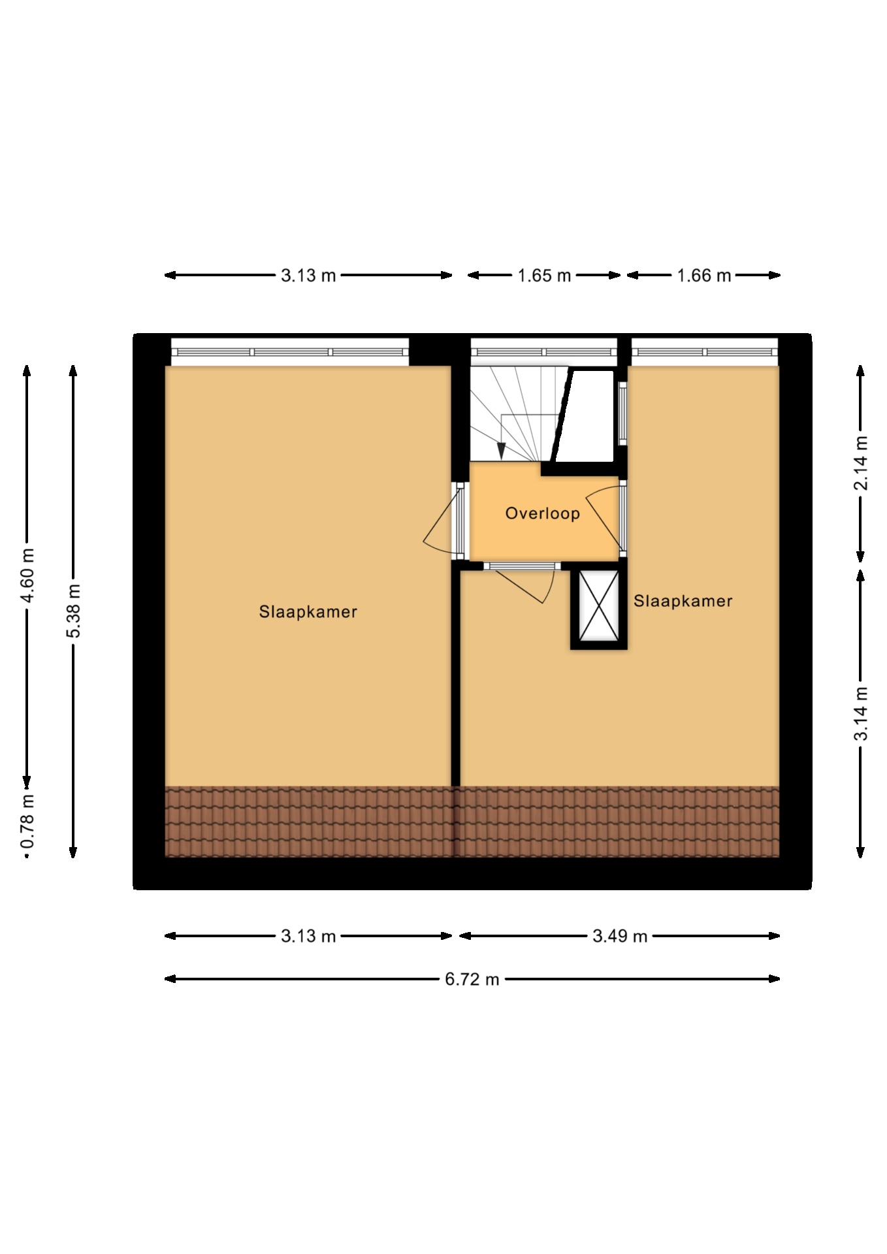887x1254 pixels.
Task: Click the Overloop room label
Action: pyautogui.click(x=542, y=513)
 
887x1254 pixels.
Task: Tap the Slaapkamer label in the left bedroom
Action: pyautogui.click(x=308, y=612)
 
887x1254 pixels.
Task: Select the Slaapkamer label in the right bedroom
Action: pyautogui.click(x=683, y=601)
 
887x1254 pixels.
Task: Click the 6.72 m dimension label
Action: pyautogui.click(x=472, y=979)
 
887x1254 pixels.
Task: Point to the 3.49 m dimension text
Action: pyautogui.click(x=620, y=937)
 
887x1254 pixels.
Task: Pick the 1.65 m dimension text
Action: pyautogui.click(x=544, y=276)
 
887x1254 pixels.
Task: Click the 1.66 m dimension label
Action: pyautogui.click(x=703, y=276)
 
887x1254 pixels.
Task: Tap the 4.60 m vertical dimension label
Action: pyautogui.click(x=27, y=577)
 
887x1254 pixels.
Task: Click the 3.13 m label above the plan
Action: pyautogui.click(x=308, y=276)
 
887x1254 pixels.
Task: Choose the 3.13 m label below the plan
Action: pyautogui.click(x=308, y=937)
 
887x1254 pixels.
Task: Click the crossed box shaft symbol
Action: pyautogui.click(x=599, y=606)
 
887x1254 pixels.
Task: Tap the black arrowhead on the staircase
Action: pyautogui.click(x=502, y=451)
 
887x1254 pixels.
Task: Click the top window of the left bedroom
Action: pyautogui.click(x=290, y=352)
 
